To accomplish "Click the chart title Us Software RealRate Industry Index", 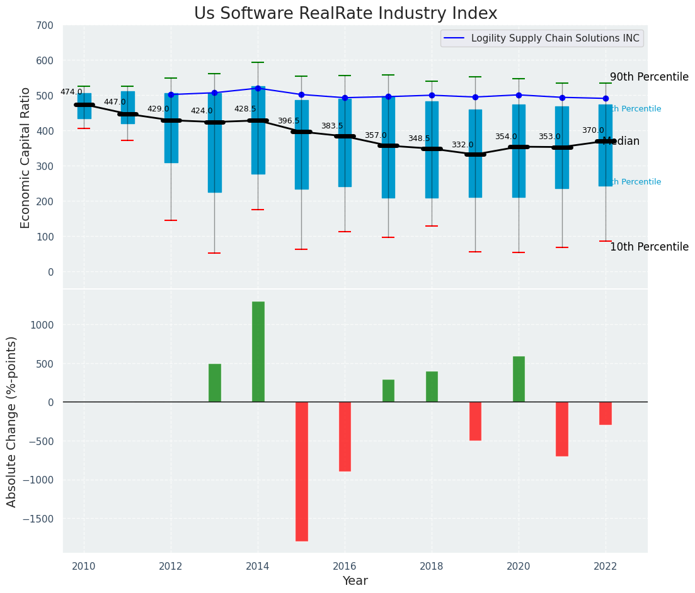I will (x=345, y=14).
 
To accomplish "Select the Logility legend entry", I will (x=555, y=38).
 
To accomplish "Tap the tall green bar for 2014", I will (x=258, y=351).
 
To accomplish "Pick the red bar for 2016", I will (x=345, y=436).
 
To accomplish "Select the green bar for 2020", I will (x=519, y=379).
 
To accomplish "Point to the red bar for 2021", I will (x=562, y=429).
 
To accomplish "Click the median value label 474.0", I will (x=71, y=92).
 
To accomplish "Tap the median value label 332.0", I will (x=462, y=145).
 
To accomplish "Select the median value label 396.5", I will (x=289, y=121).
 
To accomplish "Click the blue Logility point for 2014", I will (x=258, y=88).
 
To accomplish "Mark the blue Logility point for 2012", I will (x=171, y=94).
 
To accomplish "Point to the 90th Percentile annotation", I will (x=649, y=77).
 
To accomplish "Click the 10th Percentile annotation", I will (x=649, y=247).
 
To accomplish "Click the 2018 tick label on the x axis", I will (x=432, y=567).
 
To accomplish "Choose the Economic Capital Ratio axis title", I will (x=26, y=157).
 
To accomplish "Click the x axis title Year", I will (x=355, y=581).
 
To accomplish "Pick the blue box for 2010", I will (x=84, y=106).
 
